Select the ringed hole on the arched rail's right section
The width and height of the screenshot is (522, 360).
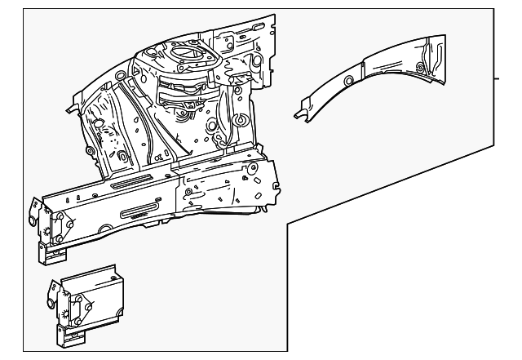tap(419, 66)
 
